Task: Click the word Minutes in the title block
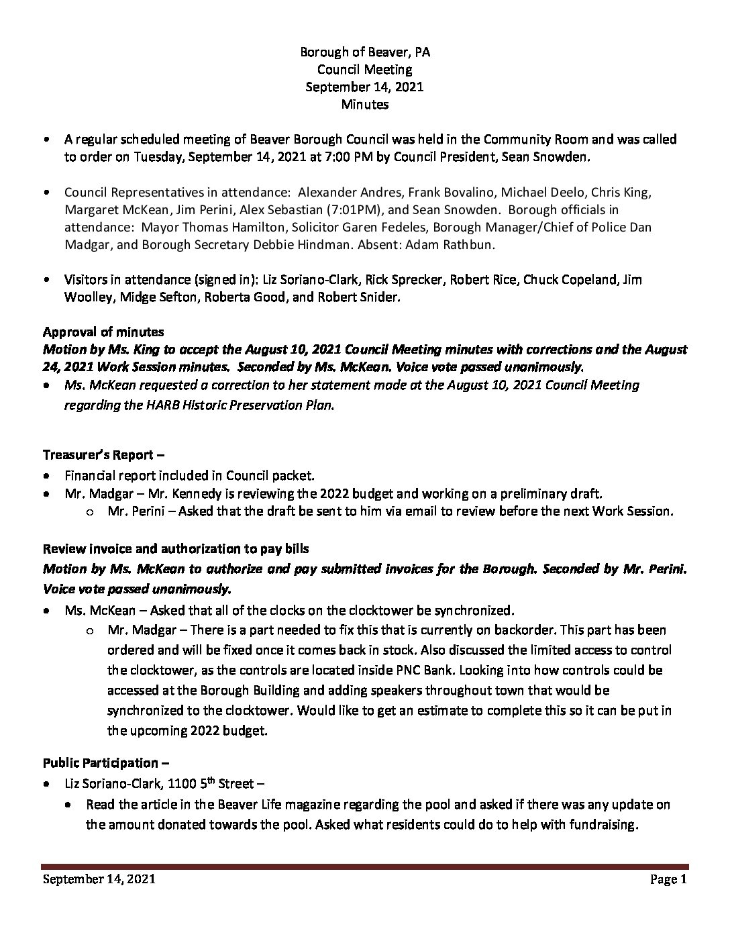pos(364,104)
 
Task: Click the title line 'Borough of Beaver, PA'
pos(364,52)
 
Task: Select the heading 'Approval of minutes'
pos(103,332)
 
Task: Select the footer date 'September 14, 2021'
pos(99,880)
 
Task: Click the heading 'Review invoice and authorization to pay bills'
pos(176,548)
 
